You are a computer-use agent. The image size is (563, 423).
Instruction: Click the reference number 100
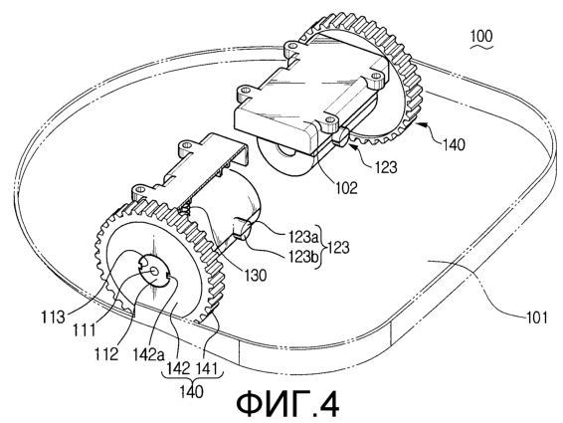(481, 37)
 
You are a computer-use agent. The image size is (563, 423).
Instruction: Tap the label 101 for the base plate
(537, 317)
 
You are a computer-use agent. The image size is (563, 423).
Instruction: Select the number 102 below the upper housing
(346, 188)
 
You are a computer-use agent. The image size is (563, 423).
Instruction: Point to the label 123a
(304, 237)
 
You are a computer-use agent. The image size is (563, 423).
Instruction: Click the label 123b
(304, 256)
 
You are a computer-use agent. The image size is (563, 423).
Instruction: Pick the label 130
(256, 276)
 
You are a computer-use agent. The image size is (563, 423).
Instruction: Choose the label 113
(53, 317)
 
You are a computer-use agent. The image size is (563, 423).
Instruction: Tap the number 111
(84, 329)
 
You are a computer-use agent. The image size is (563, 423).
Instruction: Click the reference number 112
(106, 354)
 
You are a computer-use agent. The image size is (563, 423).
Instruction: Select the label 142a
(148, 354)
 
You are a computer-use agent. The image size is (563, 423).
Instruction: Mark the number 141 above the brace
(207, 368)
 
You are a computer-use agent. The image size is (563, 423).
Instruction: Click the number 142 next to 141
(178, 368)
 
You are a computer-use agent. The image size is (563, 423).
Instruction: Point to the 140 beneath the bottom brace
(192, 391)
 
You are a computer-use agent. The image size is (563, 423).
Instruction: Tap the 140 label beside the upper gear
(454, 145)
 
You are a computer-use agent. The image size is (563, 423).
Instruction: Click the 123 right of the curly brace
(338, 247)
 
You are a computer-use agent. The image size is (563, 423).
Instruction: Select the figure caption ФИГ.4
(287, 404)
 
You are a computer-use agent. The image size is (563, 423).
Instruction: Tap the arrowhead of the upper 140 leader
(419, 124)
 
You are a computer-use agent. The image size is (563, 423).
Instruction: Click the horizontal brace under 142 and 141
(192, 378)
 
